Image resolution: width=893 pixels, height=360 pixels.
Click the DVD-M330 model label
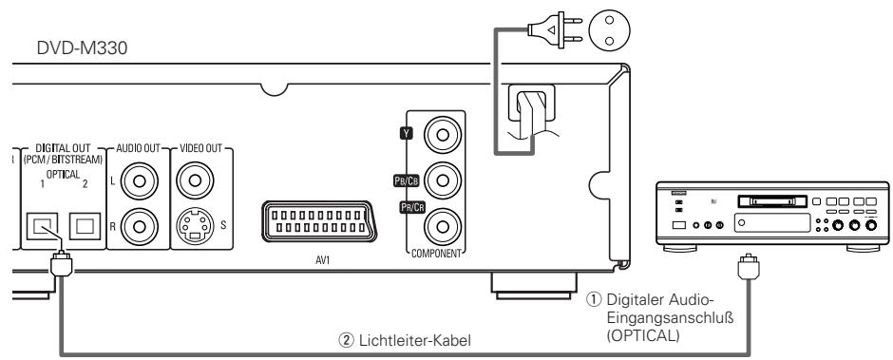coord(82,47)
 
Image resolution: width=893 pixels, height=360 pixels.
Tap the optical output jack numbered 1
coord(41,226)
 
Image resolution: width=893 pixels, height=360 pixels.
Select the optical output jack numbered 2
coord(84,226)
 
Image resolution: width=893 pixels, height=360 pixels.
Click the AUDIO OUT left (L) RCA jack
coord(139,181)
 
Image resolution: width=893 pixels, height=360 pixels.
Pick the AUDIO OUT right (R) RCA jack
coord(139,226)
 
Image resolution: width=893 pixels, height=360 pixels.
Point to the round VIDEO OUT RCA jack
coord(195,181)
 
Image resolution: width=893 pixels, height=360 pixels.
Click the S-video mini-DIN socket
coord(195,226)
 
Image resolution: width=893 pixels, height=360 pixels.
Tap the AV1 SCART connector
coord(318,223)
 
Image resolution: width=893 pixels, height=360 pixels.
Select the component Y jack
coord(443,135)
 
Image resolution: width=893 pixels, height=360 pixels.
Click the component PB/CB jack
coord(443,181)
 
